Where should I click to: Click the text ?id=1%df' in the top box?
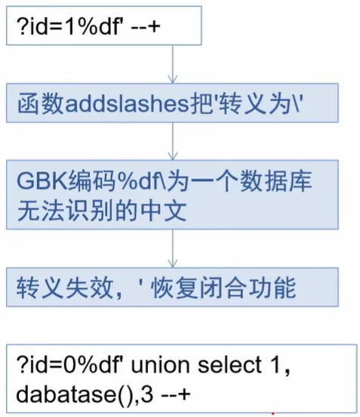69,26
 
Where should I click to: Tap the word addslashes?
127,103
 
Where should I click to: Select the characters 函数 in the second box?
41,103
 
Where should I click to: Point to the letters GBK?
42,180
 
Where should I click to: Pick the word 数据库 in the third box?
275,180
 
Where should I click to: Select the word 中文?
163,211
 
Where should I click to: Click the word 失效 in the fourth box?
89,288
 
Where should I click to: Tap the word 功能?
272,288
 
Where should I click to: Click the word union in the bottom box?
160,365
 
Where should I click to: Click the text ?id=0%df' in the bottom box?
69,365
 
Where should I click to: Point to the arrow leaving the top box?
173,64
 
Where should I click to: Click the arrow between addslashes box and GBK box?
173,141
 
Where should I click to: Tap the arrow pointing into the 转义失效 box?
173,248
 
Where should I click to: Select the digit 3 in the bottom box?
147,394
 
